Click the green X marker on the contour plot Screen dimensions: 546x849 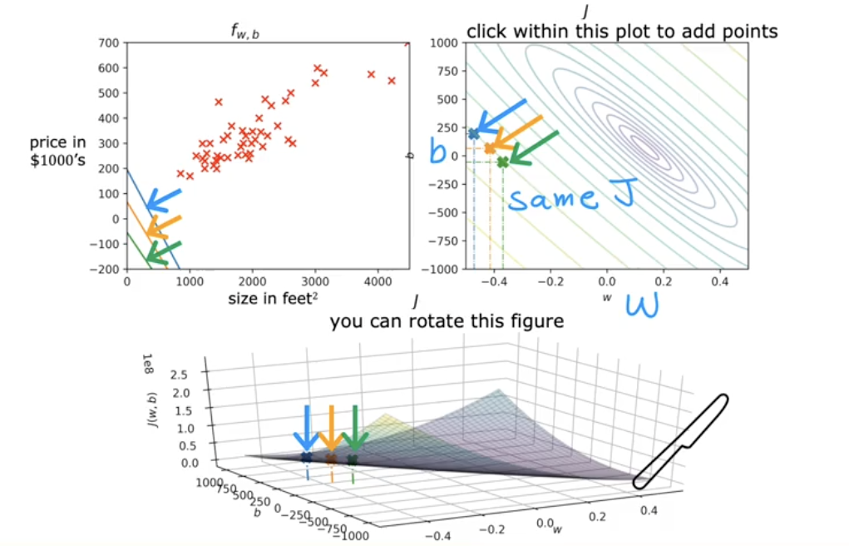pyautogui.click(x=502, y=162)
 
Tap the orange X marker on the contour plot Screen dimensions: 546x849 pyautogui.click(x=490, y=148)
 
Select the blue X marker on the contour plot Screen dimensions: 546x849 pyautogui.click(x=474, y=133)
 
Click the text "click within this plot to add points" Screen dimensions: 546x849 pyautogui.click(x=622, y=32)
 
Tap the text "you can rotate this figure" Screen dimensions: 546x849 pyautogui.click(x=447, y=320)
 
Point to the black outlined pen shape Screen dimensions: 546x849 pyautogui.click(x=680, y=442)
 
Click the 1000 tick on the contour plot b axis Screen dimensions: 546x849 pyautogui.click(x=439, y=42)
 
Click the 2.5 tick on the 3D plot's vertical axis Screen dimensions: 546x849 pyautogui.click(x=178, y=375)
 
